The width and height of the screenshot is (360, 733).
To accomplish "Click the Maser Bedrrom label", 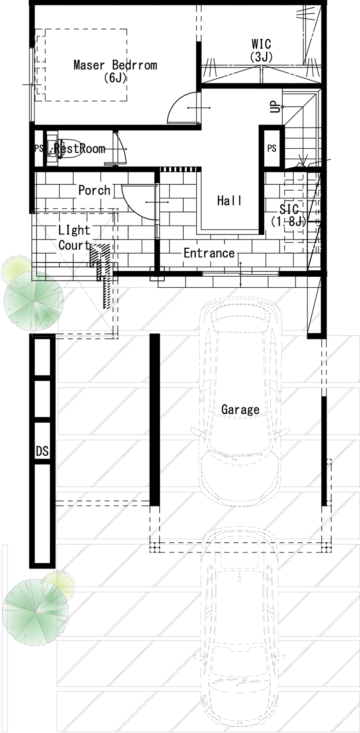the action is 115,65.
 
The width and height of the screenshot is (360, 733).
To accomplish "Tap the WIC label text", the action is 261,44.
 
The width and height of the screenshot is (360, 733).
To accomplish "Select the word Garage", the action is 240,409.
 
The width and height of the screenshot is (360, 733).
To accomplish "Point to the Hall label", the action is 229,200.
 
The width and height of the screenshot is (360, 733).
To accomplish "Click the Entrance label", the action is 209,253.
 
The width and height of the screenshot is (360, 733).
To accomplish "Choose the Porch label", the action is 94,190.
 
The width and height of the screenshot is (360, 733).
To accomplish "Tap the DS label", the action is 42,452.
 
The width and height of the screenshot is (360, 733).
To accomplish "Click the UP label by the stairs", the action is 275,106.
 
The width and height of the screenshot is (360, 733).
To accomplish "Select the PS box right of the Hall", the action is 272,148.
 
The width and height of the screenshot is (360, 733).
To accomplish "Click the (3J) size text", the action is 261,57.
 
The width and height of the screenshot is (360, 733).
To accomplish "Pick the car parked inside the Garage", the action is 240,401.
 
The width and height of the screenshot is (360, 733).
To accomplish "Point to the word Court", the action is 75,245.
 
